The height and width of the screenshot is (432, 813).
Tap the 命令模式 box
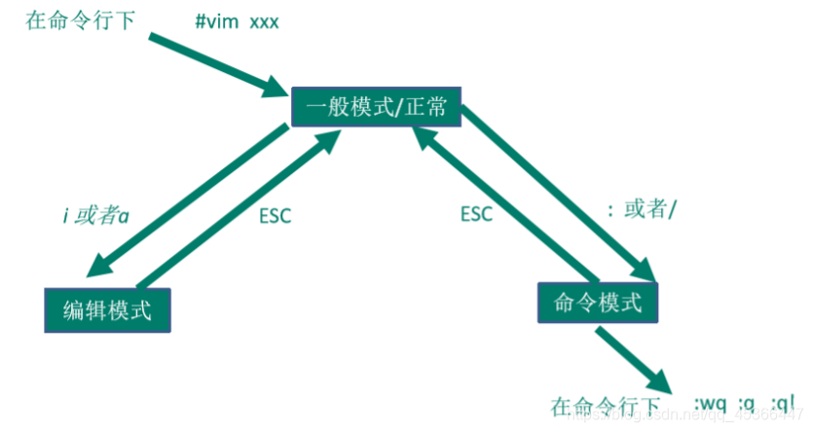598,302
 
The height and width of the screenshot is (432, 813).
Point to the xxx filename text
264,20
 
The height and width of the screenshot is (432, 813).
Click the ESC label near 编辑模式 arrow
275,216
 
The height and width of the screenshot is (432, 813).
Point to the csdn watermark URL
682,416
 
